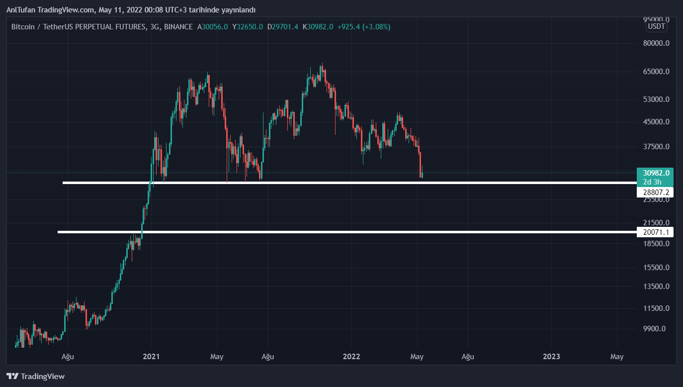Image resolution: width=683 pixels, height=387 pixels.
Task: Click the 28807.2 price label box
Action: pos(655,192)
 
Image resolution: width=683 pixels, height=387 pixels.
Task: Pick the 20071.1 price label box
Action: pos(655,232)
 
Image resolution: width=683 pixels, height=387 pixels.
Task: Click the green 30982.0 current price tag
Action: pos(655,173)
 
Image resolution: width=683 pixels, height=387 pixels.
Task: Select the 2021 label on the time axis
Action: pos(151,357)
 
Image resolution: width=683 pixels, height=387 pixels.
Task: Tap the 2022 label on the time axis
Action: pos(351,357)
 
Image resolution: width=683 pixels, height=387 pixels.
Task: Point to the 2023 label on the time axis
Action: pos(551,357)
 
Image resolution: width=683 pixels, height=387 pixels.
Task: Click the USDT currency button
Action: pos(657,27)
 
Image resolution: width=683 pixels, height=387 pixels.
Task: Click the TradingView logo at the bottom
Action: pos(35,377)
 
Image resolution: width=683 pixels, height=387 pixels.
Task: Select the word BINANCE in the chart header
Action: pos(178,27)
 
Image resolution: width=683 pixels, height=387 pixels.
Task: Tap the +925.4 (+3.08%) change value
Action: pos(363,27)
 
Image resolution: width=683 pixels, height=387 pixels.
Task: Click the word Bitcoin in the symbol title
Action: pos(23,27)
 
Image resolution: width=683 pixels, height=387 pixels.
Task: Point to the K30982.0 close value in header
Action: pos(318,27)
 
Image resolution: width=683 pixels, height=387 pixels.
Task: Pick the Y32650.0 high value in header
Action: pos(248,27)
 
